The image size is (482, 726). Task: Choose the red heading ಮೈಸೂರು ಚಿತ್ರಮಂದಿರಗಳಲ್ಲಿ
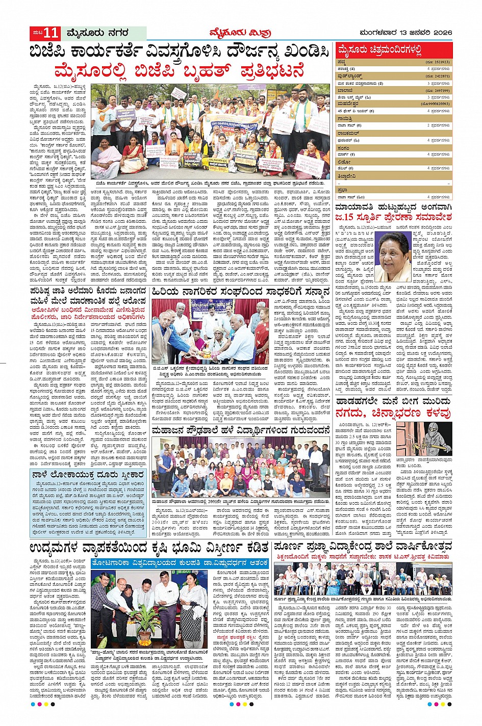(x=380, y=50)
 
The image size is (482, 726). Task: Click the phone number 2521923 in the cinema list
(x=441, y=62)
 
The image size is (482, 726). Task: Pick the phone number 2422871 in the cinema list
(x=441, y=75)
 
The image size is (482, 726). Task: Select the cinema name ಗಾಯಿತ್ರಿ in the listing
(x=346, y=118)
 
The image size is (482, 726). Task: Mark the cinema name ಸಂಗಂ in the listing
(x=343, y=147)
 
